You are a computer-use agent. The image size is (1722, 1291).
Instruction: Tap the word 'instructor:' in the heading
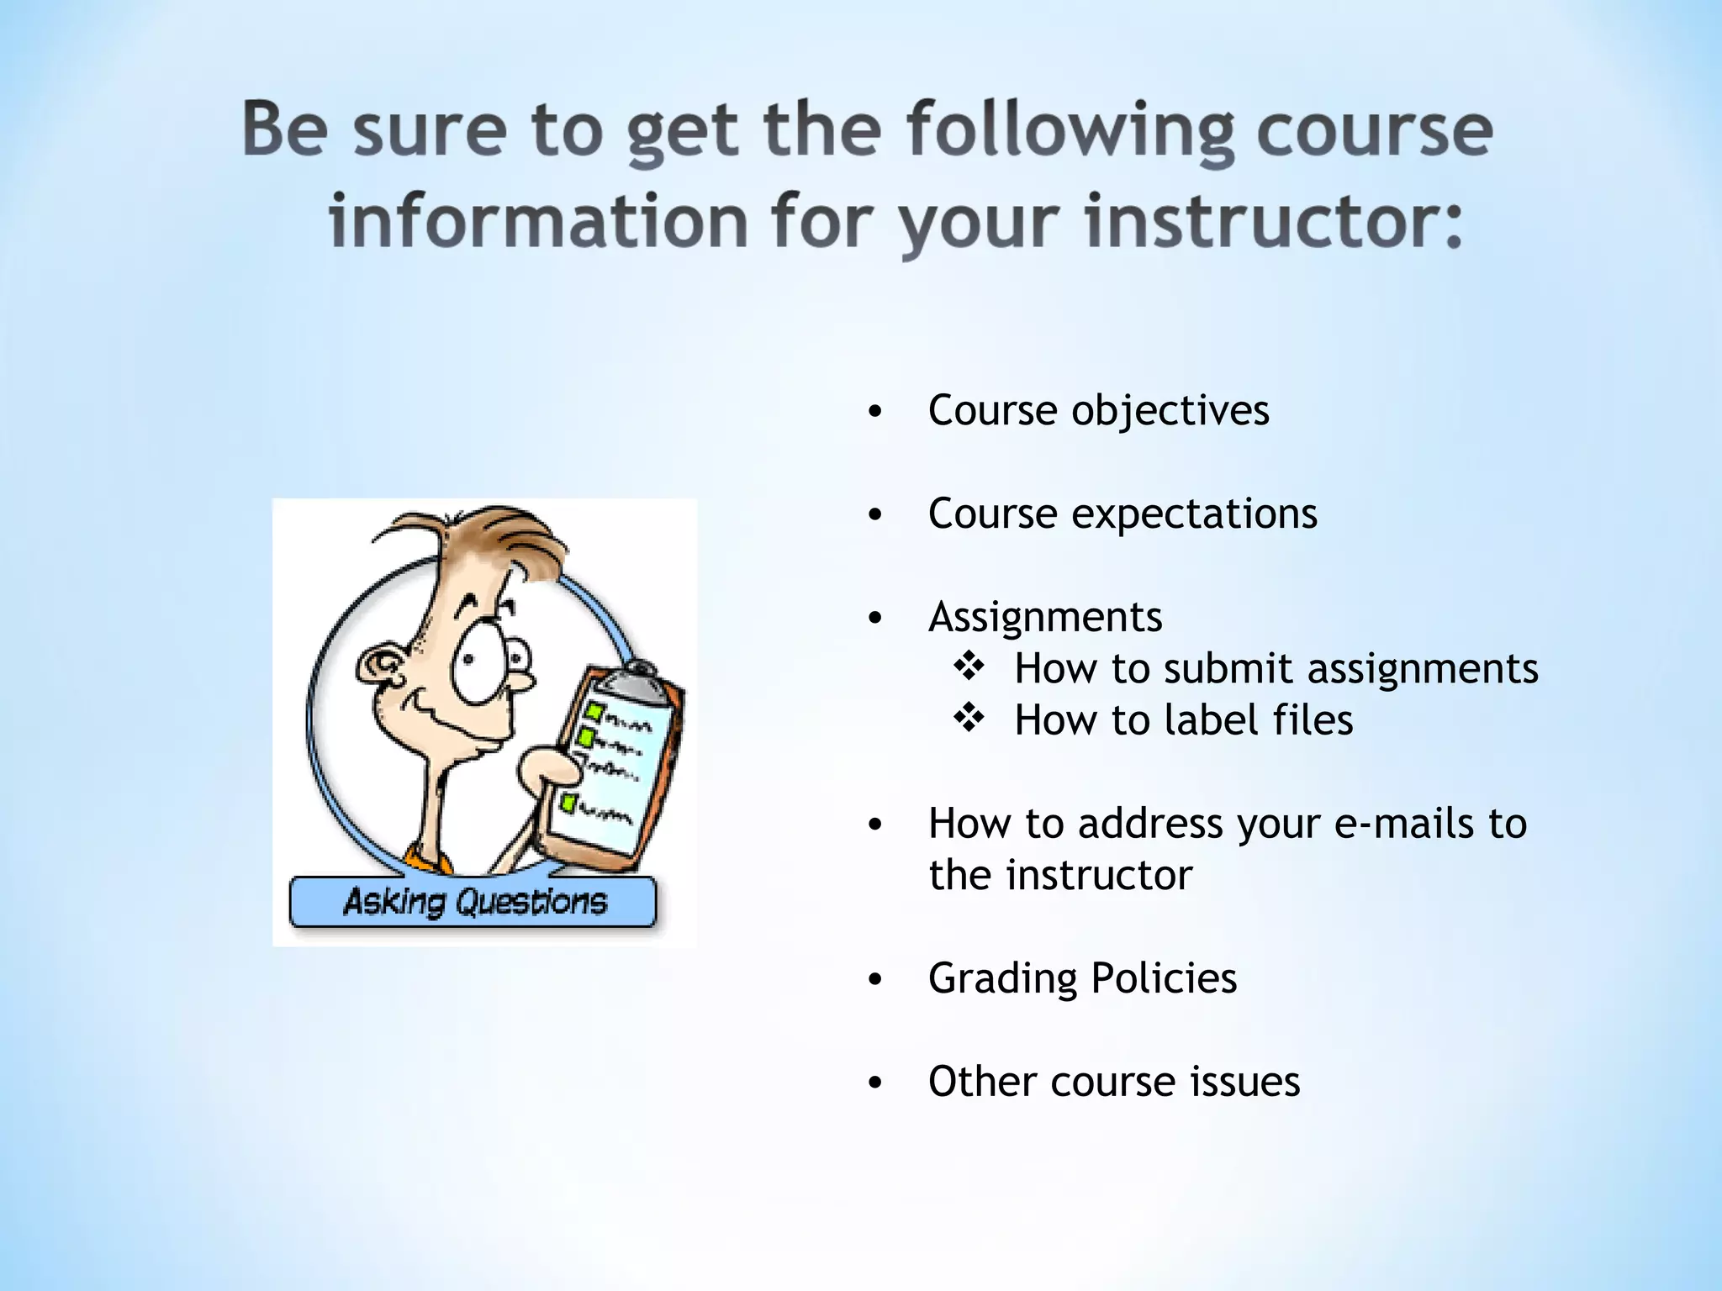coord(1274,222)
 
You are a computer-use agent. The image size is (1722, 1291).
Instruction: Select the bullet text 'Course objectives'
coord(1098,411)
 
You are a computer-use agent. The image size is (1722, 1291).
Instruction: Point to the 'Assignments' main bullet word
coord(1045,617)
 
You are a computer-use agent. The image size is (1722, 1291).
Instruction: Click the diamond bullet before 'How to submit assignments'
coord(969,667)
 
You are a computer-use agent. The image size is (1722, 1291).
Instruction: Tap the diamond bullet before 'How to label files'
coord(969,719)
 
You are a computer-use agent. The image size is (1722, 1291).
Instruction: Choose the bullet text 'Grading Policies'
coord(1082,978)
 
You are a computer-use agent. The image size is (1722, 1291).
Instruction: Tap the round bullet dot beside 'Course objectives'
coord(875,412)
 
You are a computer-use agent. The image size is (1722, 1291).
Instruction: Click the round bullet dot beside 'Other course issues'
coord(875,1083)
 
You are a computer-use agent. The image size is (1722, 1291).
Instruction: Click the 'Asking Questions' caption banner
coord(473,902)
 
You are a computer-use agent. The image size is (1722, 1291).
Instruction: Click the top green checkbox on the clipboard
coord(595,713)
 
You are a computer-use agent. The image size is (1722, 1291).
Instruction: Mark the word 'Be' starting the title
coord(284,130)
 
